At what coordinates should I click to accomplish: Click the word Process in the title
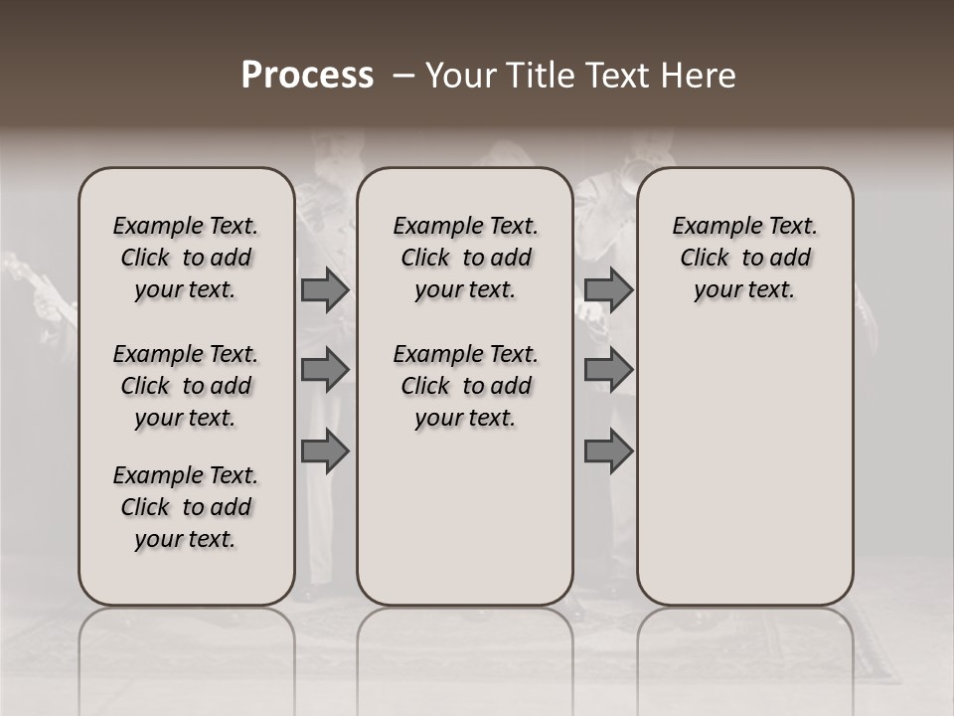pyautogui.click(x=307, y=76)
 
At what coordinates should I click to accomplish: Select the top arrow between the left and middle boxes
pyautogui.click(x=325, y=290)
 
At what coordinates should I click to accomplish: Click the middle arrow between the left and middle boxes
pyautogui.click(x=325, y=370)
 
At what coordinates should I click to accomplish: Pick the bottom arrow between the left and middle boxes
pyautogui.click(x=325, y=451)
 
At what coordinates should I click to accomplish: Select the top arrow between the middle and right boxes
pyautogui.click(x=608, y=290)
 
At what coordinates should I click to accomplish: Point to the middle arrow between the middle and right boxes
pyautogui.click(x=608, y=370)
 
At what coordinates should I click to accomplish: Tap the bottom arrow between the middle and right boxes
pyautogui.click(x=608, y=451)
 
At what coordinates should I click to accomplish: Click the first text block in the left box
pyautogui.click(x=186, y=258)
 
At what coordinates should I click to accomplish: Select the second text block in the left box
pyautogui.click(x=186, y=386)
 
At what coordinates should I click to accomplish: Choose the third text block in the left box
pyautogui.click(x=186, y=507)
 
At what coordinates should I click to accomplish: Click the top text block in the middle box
pyautogui.click(x=465, y=258)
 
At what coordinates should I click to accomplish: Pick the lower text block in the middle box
pyautogui.click(x=465, y=386)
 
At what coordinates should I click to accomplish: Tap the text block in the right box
pyautogui.click(x=745, y=258)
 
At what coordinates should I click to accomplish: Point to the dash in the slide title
pyautogui.click(x=402, y=76)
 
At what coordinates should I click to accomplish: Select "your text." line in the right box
pyautogui.click(x=745, y=290)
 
